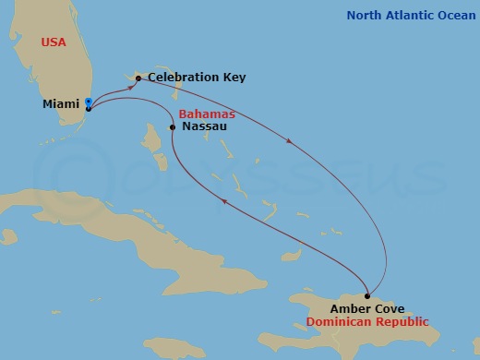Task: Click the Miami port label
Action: tap(60, 104)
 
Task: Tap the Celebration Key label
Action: tap(197, 78)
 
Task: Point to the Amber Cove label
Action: tap(368, 308)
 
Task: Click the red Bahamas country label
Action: tap(207, 113)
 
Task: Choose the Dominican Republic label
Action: tap(366, 323)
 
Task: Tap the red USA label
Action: tap(54, 42)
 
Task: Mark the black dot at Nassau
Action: tap(173, 127)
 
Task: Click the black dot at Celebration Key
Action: tap(138, 78)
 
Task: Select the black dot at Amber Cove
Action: tap(368, 294)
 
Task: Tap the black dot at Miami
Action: tap(88, 109)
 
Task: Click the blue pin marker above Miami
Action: tap(88, 102)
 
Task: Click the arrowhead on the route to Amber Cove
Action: tap(292, 141)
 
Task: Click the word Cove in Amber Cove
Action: tap(389, 308)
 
